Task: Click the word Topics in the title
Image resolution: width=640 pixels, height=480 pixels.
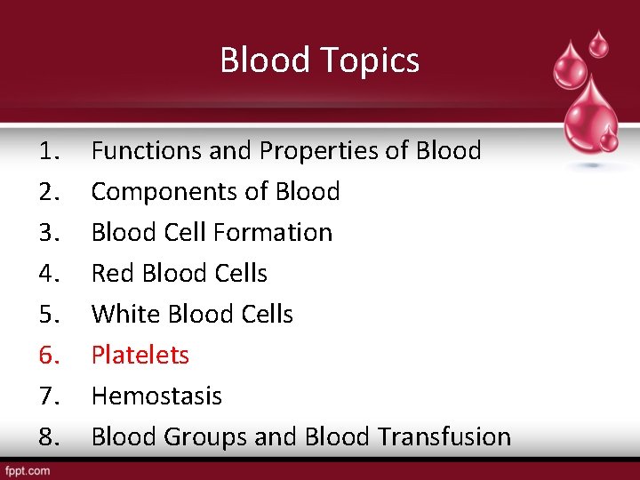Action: [x=375, y=61]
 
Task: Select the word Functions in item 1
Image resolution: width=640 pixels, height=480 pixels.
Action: [x=147, y=151]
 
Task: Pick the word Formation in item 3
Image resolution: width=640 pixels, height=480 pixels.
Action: [x=273, y=233]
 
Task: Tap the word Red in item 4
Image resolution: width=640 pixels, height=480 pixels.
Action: [x=111, y=274]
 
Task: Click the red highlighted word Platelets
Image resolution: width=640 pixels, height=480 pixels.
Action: [x=140, y=356]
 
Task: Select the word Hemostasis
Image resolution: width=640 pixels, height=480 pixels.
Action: [x=156, y=396]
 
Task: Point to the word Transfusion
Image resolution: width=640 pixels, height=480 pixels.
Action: [x=444, y=437]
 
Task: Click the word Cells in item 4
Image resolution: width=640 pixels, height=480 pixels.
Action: [x=237, y=274]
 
